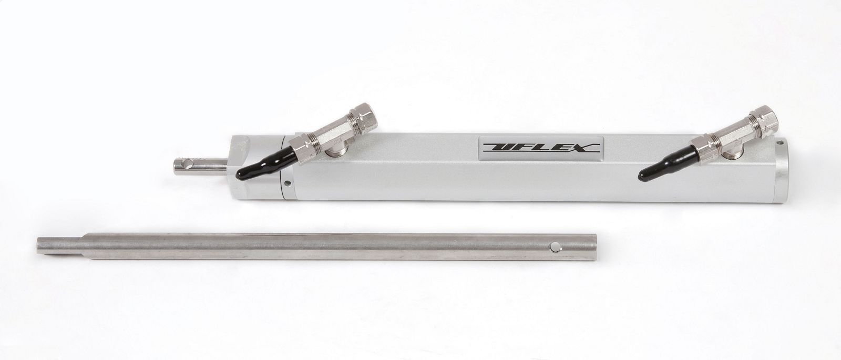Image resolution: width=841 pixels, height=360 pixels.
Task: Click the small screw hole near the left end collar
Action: point(288,183)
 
